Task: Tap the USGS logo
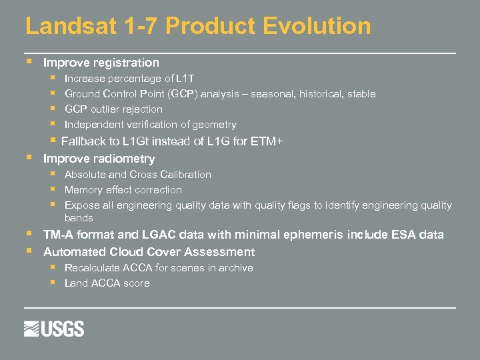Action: point(54,328)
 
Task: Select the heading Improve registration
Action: point(101,63)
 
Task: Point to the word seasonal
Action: point(273,94)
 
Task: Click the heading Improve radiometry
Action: point(99,159)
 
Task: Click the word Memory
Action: point(84,190)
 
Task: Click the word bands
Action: point(79,218)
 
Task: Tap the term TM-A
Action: point(59,235)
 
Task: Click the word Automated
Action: point(72,252)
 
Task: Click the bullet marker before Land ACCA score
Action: point(53,283)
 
